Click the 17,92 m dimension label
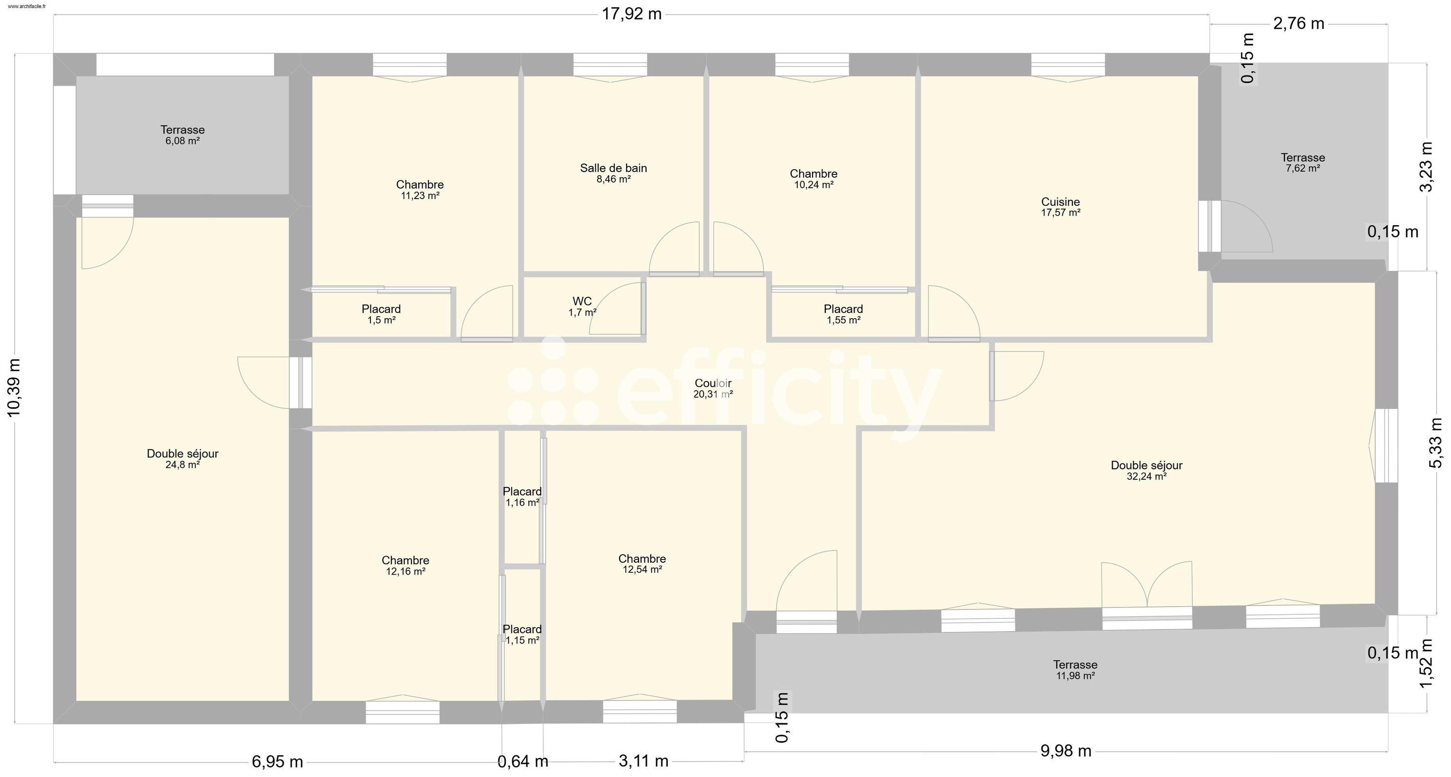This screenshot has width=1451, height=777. coord(631,14)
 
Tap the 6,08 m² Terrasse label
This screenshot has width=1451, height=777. coord(183,135)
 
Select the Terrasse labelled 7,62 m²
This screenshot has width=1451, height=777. coord(1303,163)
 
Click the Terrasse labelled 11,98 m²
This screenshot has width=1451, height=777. coord(1075,670)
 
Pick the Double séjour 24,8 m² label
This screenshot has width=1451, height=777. coord(183,459)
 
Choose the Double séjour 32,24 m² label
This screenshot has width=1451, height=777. coord(1146,471)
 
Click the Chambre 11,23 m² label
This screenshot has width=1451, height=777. coord(420,190)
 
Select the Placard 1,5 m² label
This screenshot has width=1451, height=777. coord(381,314)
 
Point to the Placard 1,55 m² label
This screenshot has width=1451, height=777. coord(843,314)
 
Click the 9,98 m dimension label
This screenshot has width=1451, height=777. coord(1066,751)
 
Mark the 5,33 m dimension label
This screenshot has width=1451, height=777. coord(1436,443)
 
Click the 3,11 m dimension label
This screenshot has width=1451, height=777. coord(643,761)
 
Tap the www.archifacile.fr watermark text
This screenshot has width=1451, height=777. coord(27,6)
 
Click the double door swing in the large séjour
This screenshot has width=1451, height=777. coord(1146,585)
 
